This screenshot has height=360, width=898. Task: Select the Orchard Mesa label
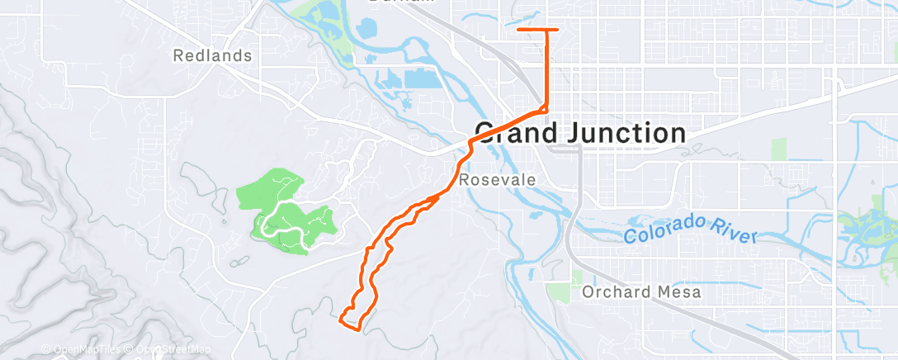(641, 291)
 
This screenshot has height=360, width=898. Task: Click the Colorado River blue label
(690, 229)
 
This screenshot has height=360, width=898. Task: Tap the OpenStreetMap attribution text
(172, 349)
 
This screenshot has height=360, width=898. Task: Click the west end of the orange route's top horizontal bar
(518, 30)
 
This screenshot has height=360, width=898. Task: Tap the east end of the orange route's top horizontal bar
(557, 30)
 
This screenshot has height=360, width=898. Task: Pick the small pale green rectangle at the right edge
(779, 149)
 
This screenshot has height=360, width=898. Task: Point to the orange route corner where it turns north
(544, 108)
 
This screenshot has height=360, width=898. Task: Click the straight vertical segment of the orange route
(545, 70)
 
